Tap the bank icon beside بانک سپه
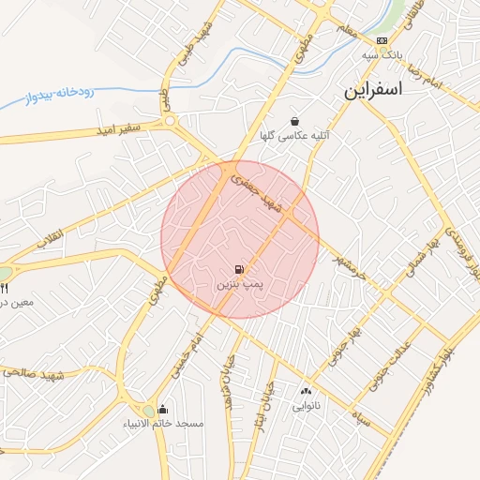(x=382, y=41)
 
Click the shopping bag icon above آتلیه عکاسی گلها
(x=294, y=121)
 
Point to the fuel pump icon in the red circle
(x=240, y=269)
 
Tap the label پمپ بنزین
(x=236, y=283)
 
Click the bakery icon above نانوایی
(x=307, y=392)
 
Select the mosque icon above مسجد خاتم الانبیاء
(x=163, y=409)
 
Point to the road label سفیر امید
(x=117, y=127)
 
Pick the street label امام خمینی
(x=187, y=349)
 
